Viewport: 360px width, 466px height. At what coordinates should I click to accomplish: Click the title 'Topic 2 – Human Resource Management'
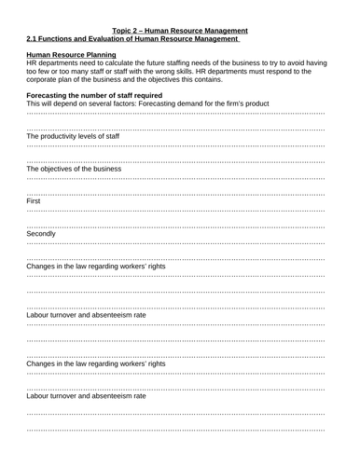180,30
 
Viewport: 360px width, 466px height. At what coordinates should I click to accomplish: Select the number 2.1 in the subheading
35,38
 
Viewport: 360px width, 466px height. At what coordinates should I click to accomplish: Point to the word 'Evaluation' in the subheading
116,38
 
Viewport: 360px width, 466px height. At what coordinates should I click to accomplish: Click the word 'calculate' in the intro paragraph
127,63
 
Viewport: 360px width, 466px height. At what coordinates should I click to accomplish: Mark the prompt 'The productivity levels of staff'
74,136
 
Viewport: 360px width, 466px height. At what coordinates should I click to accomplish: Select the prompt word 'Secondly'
42,234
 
